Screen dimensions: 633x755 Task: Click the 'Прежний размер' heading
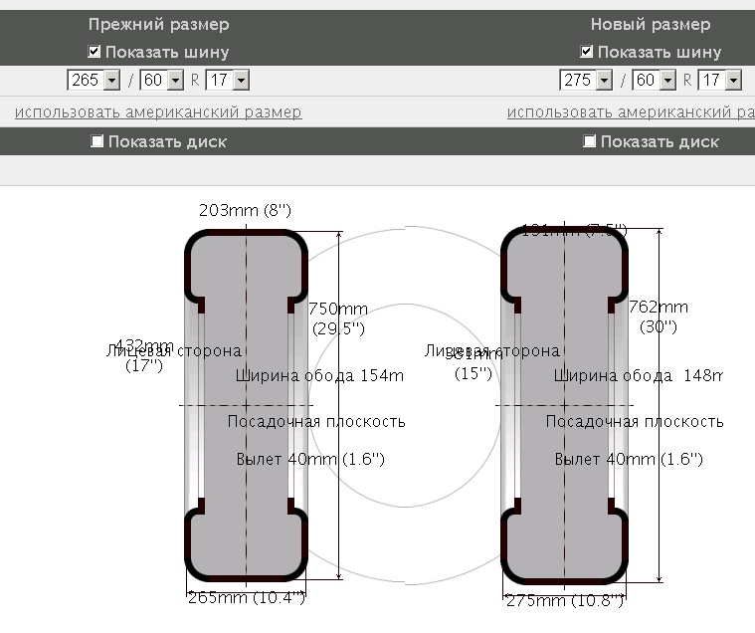point(158,24)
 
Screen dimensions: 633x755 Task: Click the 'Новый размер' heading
point(651,24)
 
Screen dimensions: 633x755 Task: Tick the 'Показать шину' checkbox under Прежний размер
point(94,51)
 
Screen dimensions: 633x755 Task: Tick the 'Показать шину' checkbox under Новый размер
point(587,51)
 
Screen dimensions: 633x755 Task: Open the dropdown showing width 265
point(94,80)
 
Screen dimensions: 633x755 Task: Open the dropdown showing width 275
point(586,80)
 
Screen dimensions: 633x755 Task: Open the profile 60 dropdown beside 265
point(162,80)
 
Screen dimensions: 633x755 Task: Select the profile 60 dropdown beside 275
point(655,80)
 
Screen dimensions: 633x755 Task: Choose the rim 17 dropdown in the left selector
point(227,80)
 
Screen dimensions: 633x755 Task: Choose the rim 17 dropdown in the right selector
point(719,80)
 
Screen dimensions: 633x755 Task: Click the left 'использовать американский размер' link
point(158,112)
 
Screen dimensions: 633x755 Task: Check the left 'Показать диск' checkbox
point(97,141)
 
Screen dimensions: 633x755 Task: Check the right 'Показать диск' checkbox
point(590,141)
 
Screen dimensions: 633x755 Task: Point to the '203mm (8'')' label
point(245,210)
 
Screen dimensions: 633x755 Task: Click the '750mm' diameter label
point(338,309)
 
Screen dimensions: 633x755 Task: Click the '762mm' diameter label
point(658,307)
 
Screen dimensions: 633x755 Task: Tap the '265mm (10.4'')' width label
point(246,597)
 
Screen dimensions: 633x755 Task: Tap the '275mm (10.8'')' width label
point(565,600)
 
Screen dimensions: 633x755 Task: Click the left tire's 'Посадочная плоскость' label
point(316,421)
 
